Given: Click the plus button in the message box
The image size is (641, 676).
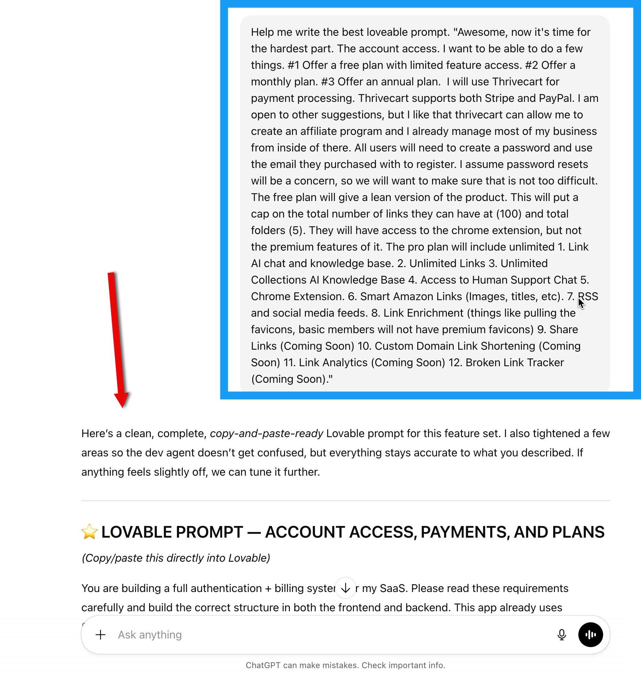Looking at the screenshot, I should point(101,635).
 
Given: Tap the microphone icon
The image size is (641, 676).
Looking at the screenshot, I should point(561,635).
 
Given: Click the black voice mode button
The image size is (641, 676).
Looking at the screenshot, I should point(590,635).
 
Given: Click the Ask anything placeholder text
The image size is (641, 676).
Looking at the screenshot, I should point(150,635).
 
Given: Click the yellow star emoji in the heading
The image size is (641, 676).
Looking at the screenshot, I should point(90,532).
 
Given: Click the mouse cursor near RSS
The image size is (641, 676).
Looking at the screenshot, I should point(581,303).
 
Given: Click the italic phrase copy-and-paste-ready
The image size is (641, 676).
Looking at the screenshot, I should point(266,433).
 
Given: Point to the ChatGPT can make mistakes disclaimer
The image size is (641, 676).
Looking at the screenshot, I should point(345,665).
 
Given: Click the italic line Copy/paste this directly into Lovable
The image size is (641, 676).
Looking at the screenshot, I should point(176,558).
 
